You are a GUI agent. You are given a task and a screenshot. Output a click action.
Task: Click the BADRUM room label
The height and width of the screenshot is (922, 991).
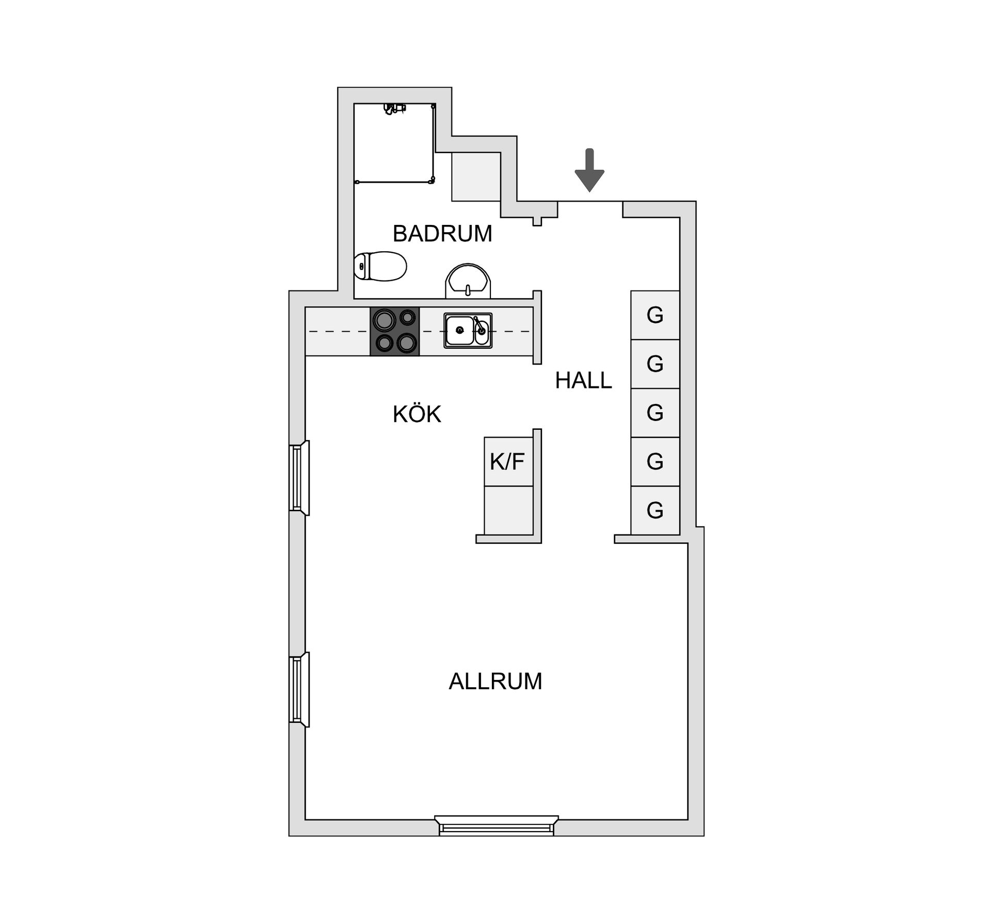point(442,234)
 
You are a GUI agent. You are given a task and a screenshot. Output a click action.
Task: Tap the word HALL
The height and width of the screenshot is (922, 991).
point(583,381)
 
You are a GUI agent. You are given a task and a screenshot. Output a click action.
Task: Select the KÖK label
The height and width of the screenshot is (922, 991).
point(417,414)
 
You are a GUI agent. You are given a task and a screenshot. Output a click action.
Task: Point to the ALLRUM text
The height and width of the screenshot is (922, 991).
point(495,682)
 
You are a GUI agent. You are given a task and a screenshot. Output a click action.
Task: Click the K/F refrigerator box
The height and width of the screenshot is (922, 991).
point(508,462)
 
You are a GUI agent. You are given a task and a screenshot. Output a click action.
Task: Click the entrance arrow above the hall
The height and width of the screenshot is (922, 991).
point(589,170)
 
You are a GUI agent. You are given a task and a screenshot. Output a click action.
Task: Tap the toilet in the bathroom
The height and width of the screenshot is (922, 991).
point(380,266)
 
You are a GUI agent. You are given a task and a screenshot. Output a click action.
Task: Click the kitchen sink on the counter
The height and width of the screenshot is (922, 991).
point(468,331)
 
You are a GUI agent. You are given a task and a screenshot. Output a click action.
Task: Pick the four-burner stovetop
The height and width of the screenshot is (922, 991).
point(395,331)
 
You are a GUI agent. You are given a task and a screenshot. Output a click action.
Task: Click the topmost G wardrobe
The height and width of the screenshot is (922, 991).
point(655,315)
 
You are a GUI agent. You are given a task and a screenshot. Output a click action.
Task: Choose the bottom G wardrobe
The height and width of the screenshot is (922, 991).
point(655,510)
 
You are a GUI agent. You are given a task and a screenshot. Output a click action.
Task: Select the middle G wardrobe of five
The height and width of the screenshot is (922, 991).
point(655,413)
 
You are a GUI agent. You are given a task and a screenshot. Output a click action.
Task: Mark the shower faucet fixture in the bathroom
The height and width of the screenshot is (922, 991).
point(394,108)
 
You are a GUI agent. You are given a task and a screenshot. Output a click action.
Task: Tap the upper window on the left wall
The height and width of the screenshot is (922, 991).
point(299,478)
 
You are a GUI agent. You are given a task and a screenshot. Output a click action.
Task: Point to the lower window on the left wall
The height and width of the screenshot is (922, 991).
point(299,690)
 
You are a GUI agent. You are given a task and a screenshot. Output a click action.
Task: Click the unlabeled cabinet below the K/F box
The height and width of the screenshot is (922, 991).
point(508,510)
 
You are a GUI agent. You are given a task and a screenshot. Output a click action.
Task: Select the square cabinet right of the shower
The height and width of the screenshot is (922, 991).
point(476,176)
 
